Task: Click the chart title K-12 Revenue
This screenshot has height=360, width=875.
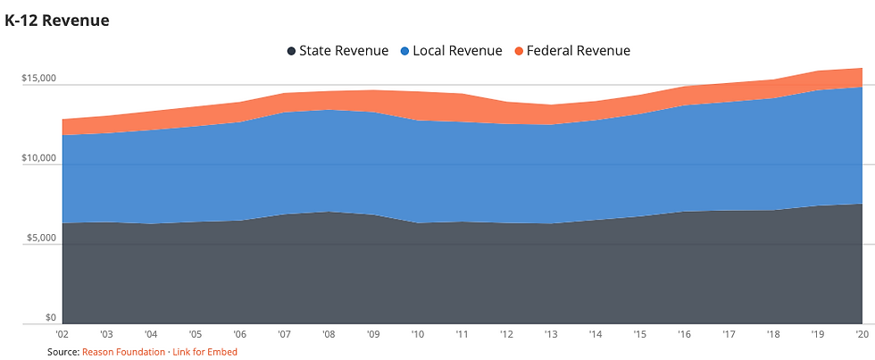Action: pyautogui.click(x=56, y=19)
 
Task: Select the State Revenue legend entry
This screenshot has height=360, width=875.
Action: pyautogui.click(x=344, y=51)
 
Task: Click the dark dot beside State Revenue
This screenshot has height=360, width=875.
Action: pyautogui.click(x=292, y=51)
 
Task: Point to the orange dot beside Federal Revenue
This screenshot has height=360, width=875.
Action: pyautogui.click(x=521, y=51)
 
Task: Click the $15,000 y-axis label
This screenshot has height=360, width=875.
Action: pyautogui.click(x=39, y=79)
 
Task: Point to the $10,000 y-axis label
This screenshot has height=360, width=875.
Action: pyautogui.click(x=39, y=159)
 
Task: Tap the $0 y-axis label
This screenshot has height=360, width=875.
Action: pyautogui.click(x=51, y=317)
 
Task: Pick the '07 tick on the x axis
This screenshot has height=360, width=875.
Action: pyautogui.click(x=284, y=334)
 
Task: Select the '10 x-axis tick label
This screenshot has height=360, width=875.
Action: pyautogui.click(x=416, y=334)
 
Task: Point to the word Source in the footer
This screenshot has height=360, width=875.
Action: pyautogui.click(x=62, y=352)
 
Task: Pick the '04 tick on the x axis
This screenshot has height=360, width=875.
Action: pyautogui.click(x=152, y=334)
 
